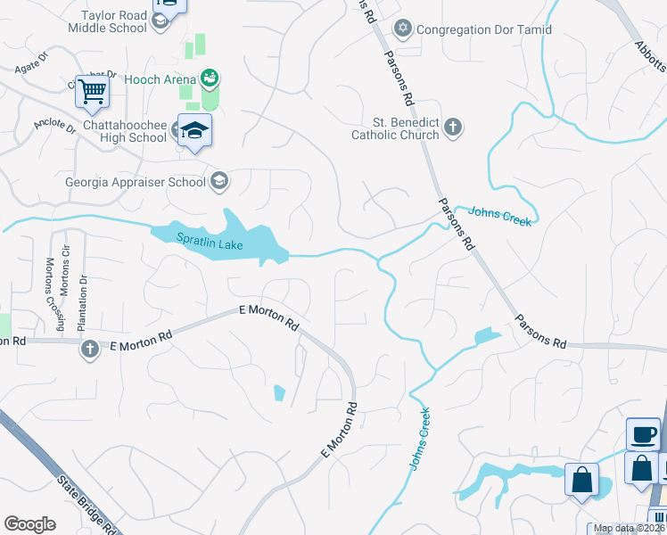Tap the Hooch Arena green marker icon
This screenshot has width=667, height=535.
click(x=210, y=78)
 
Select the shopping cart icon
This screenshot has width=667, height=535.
click(x=93, y=89)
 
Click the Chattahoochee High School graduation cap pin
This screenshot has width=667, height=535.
click(x=194, y=131)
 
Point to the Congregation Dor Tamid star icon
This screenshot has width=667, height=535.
click(x=403, y=29)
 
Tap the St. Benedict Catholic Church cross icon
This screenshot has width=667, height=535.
click(x=453, y=128)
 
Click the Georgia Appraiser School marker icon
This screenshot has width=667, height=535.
click(x=218, y=183)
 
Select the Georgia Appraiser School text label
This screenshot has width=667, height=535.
click(x=136, y=183)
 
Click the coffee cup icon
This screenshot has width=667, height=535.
click(x=643, y=435)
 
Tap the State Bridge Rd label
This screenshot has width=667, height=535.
click(x=87, y=503)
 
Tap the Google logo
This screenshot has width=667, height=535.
click(x=29, y=523)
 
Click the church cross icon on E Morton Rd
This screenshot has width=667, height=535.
click(x=89, y=350)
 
